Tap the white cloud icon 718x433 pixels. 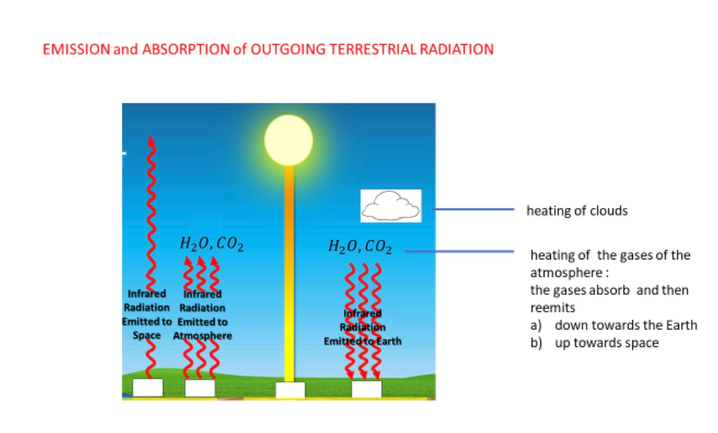[391, 206]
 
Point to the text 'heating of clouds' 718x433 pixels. [576, 211]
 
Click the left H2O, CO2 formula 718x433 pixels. [212, 244]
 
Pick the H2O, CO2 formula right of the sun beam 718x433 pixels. [360, 246]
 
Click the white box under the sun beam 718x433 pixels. [290, 390]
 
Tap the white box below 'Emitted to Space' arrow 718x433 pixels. [148, 387]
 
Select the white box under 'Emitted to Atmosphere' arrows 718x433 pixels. [200, 388]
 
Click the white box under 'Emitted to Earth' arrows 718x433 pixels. [366, 389]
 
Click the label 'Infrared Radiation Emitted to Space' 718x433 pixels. [147, 314]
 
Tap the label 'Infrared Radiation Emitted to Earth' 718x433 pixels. [362, 327]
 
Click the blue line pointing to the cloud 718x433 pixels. [474, 209]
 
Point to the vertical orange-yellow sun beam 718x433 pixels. [288, 274]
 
